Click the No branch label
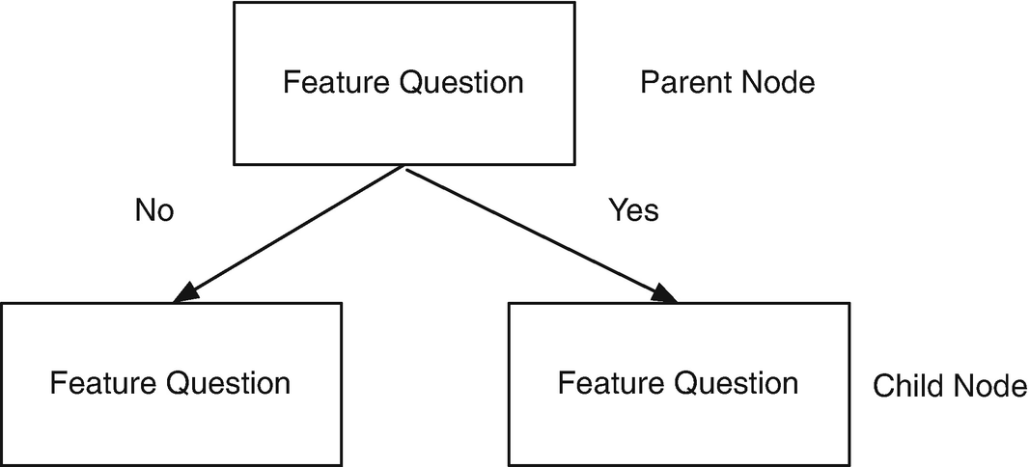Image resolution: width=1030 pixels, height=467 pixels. [154, 210]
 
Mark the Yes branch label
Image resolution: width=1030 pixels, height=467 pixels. [634, 209]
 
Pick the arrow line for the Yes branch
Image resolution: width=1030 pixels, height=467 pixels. [536, 232]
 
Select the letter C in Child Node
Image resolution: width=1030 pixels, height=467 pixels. [882, 387]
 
